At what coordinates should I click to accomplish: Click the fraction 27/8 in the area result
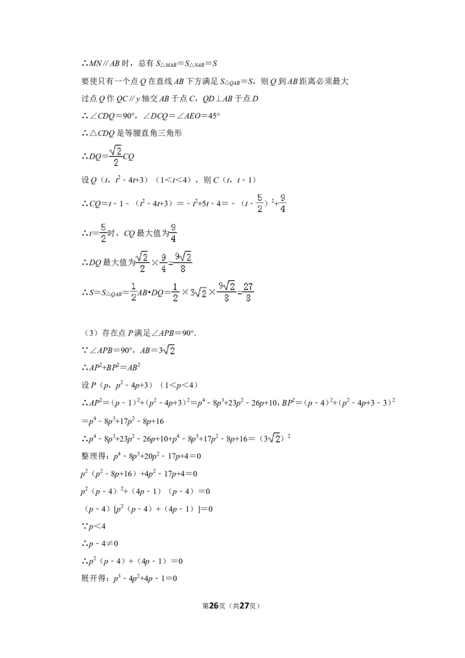pyautogui.click(x=248, y=292)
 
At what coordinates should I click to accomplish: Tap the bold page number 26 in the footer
pyautogui.click(x=214, y=606)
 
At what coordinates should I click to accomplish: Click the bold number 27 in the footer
pyautogui.click(x=244, y=606)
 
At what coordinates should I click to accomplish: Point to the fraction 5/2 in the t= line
pyautogui.click(x=103, y=233)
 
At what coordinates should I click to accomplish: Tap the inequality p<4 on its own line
pyautogui.click(x=96, y=526)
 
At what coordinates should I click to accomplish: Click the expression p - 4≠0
pyautogui.click(x=103, y=544)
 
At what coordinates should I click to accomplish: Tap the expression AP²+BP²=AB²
pyautogui.click(x=114, y=367)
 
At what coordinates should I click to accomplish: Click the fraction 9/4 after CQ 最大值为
pyautogui.click(x=173, y=233)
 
